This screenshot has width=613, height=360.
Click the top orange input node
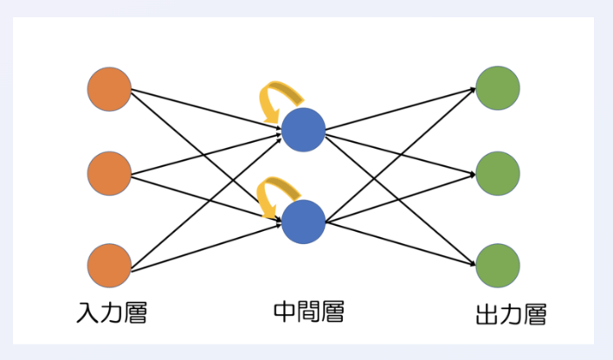pyautogui.click(x=109, y=87)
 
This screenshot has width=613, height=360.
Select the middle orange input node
pyautogui.click(x=109, y=173)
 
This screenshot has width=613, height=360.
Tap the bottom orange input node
pyautogui.click(x=109, y=265)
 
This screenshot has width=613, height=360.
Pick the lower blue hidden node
pyautogui.click(x=303, y=221)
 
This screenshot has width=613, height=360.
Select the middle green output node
pyautogui.click(x=498, y=173)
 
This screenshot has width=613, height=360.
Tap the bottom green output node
pyautogui.click(x=498, y=265)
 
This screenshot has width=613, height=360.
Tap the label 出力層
pyautogui.click(x=511, y=313)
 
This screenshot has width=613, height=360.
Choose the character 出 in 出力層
pyautogui.click(x=487, y=313)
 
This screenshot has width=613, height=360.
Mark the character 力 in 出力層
pyautogui.click(x=511, y=313)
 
